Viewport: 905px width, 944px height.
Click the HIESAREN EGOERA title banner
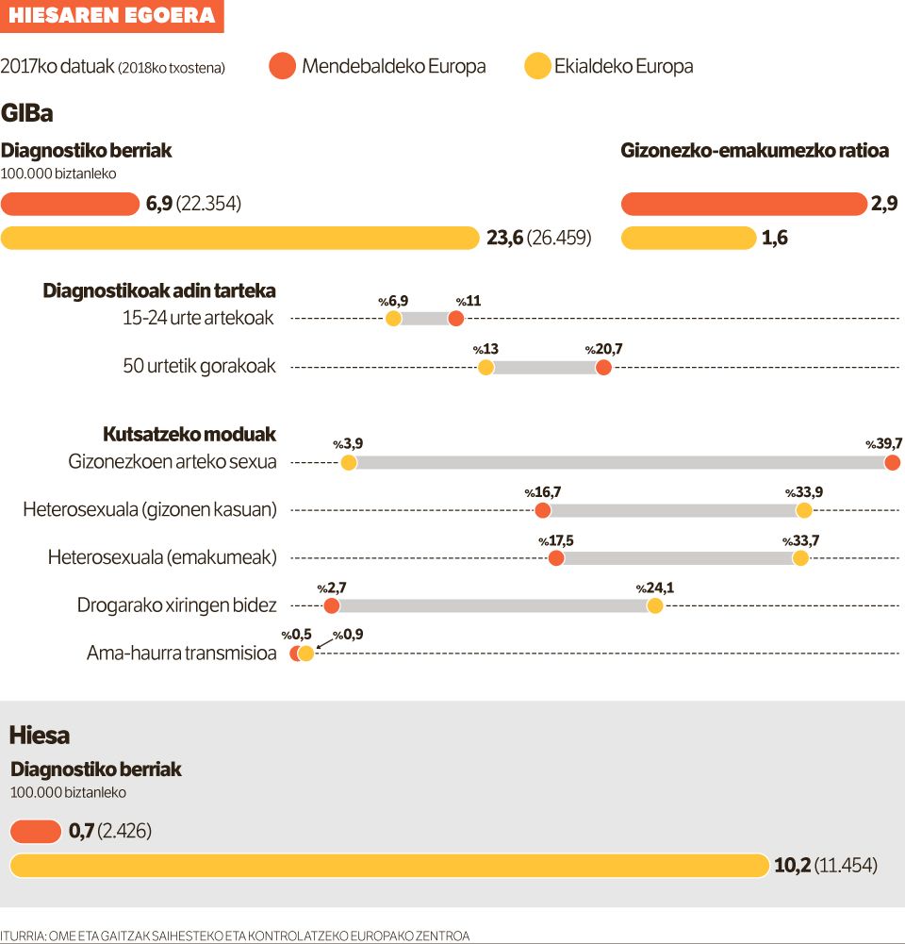click(111, 16)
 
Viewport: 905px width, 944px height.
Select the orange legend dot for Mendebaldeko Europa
click(282, 66)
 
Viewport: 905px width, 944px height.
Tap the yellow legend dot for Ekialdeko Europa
click(537, 66)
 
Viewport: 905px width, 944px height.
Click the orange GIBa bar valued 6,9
click(71, 204)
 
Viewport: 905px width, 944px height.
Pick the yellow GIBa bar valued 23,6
click(240, 238)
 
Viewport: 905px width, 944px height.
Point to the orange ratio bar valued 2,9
click(744, 204)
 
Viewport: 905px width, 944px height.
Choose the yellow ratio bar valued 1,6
click(689, 238)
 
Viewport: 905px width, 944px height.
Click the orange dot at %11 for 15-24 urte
click(456, 319)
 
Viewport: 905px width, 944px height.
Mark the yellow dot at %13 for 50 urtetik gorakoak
click(485, 367)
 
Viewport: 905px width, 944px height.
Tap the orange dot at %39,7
click(892, 462)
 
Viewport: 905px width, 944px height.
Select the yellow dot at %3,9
click(348, 462)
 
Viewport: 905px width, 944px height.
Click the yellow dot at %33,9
click(804, 510)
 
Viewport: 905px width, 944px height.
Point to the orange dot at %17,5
click(556, 558)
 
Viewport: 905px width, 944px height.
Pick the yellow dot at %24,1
click(655, 605)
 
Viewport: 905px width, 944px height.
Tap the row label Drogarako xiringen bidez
click(176, 605)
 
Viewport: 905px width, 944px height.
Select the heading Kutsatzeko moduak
click(189, 434)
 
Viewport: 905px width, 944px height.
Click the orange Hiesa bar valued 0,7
click(36, 831)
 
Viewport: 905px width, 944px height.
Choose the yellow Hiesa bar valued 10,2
click(389, 865)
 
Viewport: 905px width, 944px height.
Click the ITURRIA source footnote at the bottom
click(235, 936)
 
